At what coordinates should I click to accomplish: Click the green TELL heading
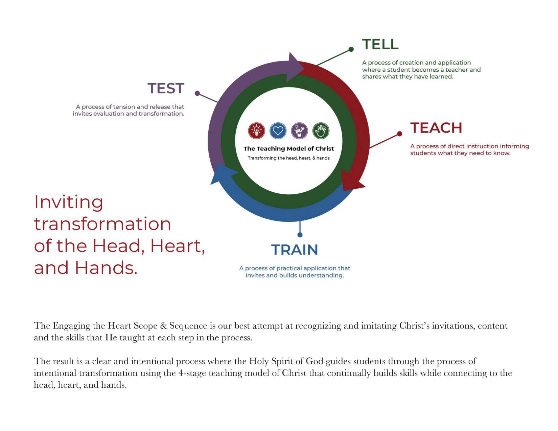click(x=380, y=44)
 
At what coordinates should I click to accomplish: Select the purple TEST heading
click(x=166, y=89)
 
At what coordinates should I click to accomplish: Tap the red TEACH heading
click(x=436, y=128)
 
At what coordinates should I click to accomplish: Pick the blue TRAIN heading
click(x=295, y=250)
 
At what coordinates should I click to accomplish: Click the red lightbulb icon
click(x=256, y=131)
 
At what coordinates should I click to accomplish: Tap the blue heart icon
click(x=278, y=131)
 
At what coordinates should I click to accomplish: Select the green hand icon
click(x=321, y=131)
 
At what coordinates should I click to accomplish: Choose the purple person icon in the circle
click(x=299, y=131)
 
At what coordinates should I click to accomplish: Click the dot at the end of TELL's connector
click(x=351, y=49)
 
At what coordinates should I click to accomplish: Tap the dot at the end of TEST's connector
click(x=197, y=93)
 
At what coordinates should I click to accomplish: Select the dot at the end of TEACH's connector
click(x=399, y=134)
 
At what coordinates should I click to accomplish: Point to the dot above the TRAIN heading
click(x=300, y=235)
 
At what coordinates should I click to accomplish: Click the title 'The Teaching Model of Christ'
click(x=288, y=149)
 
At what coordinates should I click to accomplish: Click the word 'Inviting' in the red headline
click(x=69, y=202)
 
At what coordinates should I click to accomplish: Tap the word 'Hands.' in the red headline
click(x=106, y=268)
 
